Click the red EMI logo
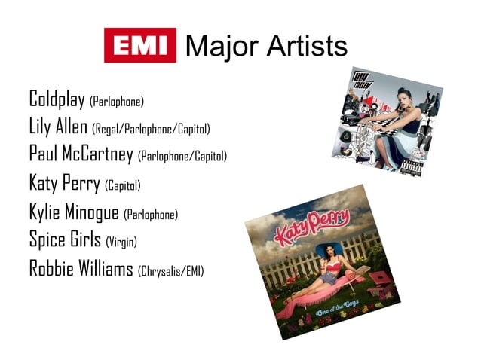(x=139, y=45)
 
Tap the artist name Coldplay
(x=57, y=99)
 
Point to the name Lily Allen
(x=58, y=127)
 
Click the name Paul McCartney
(x=81, y=154)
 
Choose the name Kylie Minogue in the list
(x=73, y=212)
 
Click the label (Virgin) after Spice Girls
(x=121, y=242)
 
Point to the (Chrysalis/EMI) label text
(x=171, y=270)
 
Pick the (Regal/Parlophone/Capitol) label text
(x=151, y=130)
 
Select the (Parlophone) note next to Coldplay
(x=116, y=101)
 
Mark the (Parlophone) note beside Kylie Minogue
(x=151, y=215)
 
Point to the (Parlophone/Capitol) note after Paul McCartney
(x=182, y=157)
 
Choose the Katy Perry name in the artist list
(x=64, y=183)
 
